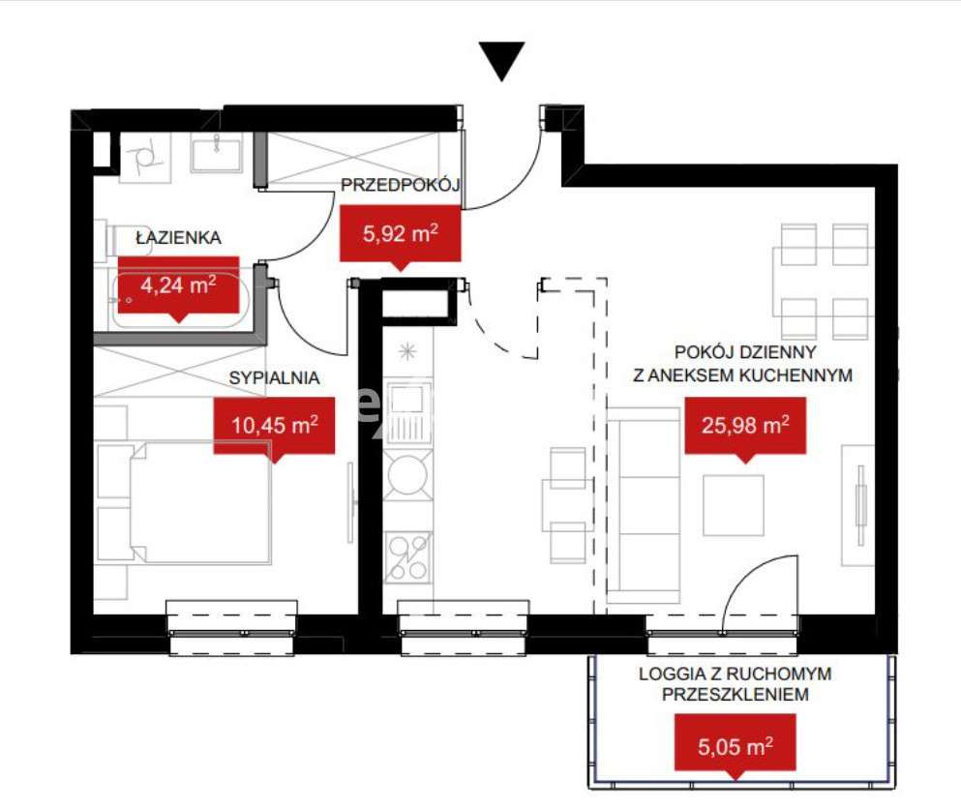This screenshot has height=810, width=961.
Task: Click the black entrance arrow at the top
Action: pos(502,60)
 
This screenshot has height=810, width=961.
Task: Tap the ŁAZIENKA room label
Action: pos(178,236)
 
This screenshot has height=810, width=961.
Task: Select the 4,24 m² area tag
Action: pos(178,285)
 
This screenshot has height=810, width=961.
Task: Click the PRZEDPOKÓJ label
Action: pos(399,187)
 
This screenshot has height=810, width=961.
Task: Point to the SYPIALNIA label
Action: pos(274,379)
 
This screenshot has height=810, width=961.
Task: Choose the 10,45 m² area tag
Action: pos(274,424)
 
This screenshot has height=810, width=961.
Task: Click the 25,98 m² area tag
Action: pos(744,424)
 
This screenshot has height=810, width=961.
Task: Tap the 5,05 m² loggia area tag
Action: pos(735,745)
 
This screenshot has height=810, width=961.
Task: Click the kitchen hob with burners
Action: pos(406,556)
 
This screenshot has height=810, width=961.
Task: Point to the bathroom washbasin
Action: pos(216,153)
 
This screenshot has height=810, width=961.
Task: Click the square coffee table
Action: pos(733,504)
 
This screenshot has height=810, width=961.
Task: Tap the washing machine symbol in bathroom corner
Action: pos(144,156)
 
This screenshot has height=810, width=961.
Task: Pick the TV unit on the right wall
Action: pos(857,504)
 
